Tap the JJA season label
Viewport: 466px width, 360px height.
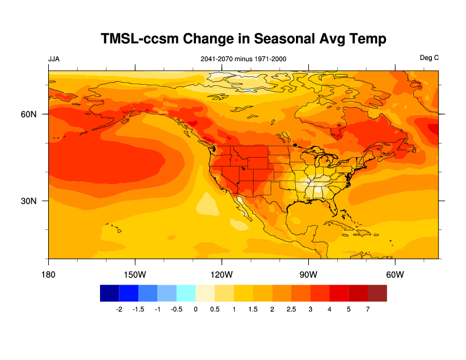tap(54, 58)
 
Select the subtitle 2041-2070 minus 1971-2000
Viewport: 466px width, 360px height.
tap(244, 59)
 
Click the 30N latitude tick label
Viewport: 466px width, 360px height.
tap(29, 201)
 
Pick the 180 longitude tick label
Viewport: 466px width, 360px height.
tap(48, 275)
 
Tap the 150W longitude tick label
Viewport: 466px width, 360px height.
tap(135, 275)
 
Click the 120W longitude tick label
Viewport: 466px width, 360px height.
tap(221, 275)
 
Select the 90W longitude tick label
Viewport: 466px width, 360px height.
tap(308, 275)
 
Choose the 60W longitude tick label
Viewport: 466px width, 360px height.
tap(395, 275)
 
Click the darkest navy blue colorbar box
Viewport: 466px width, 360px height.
tap(109, 293)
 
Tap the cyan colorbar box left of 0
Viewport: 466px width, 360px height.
tap(186, 293)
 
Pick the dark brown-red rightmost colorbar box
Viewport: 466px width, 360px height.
tap(377, 293)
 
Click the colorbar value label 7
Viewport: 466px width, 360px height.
tap(368, 309)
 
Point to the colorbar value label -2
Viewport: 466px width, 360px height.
tap(119, 309)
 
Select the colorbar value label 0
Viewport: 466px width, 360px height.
tap(195, 309)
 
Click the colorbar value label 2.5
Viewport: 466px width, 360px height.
tap(291, 309)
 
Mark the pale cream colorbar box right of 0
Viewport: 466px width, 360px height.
tap(205, 293)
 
